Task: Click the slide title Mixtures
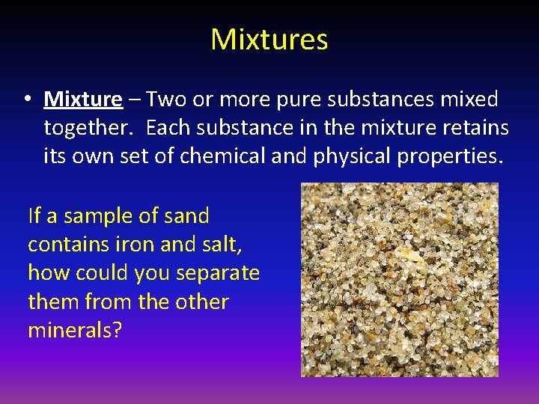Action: pyautogui.click(x=269, y=40)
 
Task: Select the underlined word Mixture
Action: pyautogui.click(x=83, y=100)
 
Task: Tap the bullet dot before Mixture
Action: pyautogui.click(x=26, y=100)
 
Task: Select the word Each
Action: pyautogui.click(x=168, y=129)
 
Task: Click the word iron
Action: pyautogui.click(x=134, y=245)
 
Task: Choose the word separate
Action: pyautogui.click(x=218, y=274)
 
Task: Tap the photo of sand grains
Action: pyautogui.click(x=399, y=280)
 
